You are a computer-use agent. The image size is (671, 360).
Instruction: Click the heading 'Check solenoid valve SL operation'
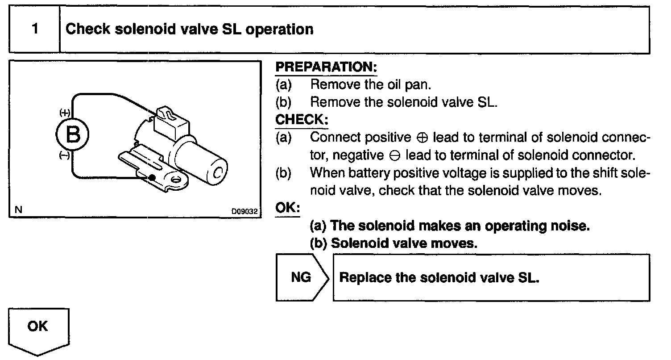click(x=189, y=29)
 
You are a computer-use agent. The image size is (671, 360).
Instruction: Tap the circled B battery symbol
click(x=73, y=134)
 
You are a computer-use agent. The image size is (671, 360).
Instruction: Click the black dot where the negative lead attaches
click(x=152, y=178)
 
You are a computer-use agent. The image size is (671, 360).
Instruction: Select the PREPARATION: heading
click(x=326, y=67)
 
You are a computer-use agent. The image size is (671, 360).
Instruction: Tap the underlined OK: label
click(x=288, y=208)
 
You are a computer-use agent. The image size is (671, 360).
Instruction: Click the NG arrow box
click(x=302, y=278)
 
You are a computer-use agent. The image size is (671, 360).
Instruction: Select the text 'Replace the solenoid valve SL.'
click(x=439, y=278)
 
